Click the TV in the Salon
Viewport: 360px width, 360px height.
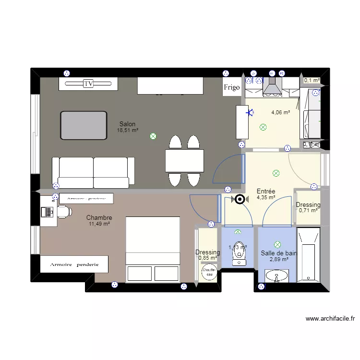click(88, 84)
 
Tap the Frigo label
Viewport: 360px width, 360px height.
click(231, 87)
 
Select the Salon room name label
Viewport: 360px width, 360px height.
click(128, 124)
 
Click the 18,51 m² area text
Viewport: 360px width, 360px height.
click(128, 130)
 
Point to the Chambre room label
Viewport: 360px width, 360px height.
click(99, 218)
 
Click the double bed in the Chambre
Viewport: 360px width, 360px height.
click(153, 249)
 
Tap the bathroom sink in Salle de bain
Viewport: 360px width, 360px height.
click(277, 276)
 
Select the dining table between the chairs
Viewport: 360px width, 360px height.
click(184, 160)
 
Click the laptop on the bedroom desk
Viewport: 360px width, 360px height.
click(47, 211)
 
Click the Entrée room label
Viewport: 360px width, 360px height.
click(265, 191)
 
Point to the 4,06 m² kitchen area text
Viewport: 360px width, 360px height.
click(280, 113)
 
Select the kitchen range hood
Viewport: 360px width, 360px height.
click(272, 88)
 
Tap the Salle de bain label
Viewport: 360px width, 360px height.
click(278, 253)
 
